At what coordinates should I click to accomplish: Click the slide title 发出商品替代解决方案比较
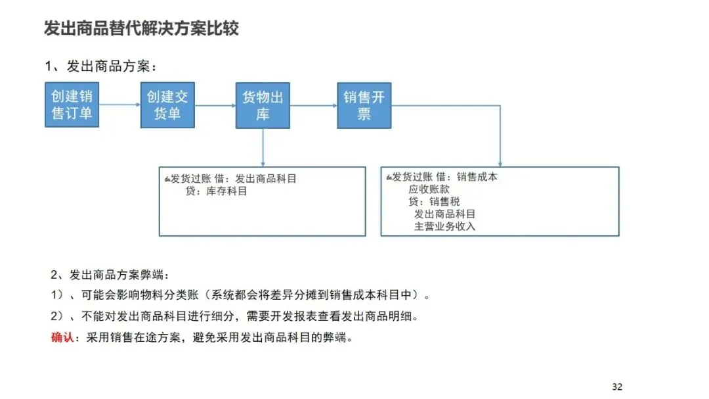[141, 28]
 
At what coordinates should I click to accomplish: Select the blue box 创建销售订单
[72, 105]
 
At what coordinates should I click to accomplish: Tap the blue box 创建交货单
[167, 105]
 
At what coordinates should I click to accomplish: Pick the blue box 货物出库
[263, 105]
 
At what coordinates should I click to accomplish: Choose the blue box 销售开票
[364, 105]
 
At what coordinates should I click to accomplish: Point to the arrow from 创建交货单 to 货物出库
[215, 105]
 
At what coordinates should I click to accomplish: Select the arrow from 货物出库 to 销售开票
[313, 105]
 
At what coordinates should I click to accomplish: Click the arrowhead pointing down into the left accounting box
[263, 162]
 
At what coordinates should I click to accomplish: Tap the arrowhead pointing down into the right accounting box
[500, 162]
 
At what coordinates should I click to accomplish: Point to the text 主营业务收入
[444, 226]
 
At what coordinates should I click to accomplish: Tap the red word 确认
[62, 338]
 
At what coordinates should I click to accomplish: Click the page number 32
[616, 387]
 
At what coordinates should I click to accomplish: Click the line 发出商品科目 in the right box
[444, 214]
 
